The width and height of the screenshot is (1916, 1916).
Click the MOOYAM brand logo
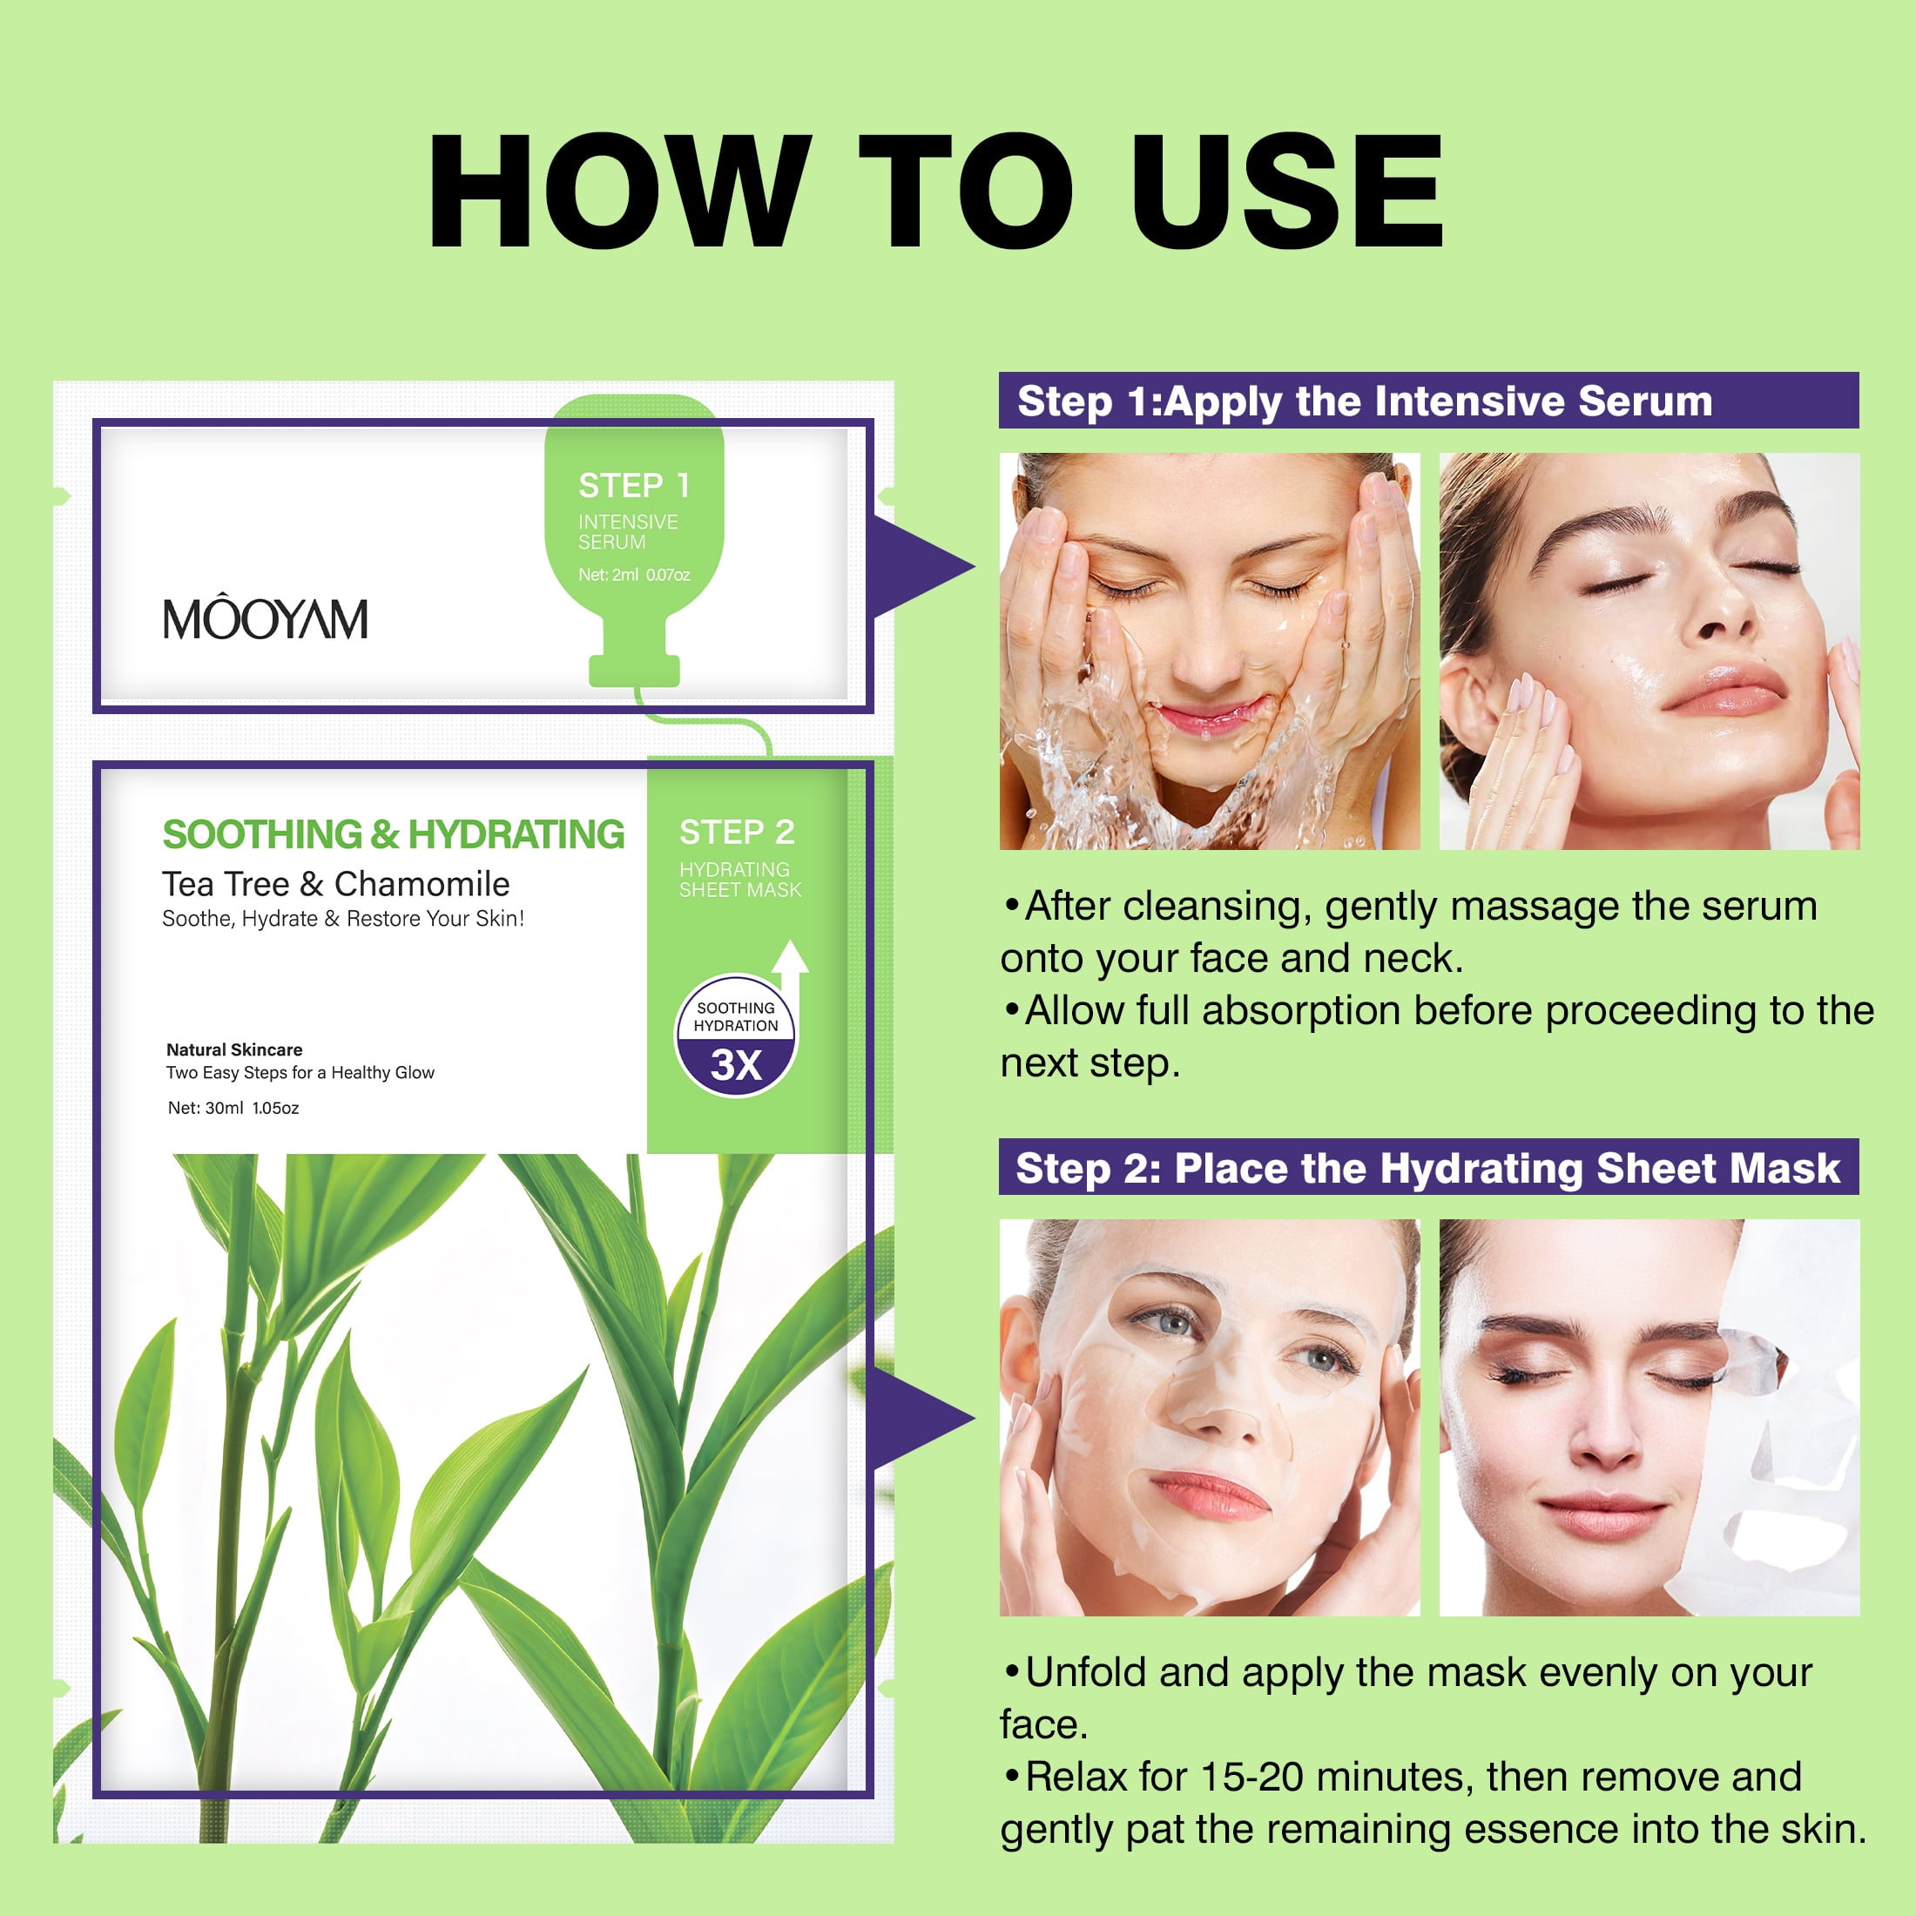[x=265, y=617]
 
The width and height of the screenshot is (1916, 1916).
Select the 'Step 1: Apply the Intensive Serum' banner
[x=1428, y=401]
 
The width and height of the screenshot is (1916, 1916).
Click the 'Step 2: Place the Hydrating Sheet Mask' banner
[x=1428, y=1167]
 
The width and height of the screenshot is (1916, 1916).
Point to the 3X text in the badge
[x=736, y=1065]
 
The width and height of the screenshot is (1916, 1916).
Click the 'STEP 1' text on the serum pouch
[x=634, y=485]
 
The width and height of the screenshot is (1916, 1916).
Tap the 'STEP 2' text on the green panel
[x=737, y=832]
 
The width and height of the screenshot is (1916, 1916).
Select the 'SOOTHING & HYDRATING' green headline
[x=393, y=834]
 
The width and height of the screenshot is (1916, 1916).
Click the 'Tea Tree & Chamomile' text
[x=336, y=884]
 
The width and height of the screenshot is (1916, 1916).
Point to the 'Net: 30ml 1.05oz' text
[x=233, y=1108]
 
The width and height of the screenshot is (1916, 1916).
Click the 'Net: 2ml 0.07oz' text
[x=634, y=575]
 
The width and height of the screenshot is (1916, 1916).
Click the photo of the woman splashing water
[x=1210, y=651]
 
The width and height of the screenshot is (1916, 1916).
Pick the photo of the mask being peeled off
[x=1650, y=1417]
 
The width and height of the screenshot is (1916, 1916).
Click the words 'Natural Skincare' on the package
[x=234, y=1049]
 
